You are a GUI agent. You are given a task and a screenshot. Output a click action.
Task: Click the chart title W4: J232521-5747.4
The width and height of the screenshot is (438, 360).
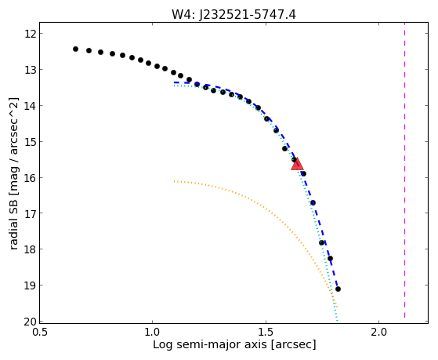233,15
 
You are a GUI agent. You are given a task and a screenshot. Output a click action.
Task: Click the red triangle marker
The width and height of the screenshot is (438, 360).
297,165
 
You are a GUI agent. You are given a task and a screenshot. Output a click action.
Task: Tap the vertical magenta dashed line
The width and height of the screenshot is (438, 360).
404,173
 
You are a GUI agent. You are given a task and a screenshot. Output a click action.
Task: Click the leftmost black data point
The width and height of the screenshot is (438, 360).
75,49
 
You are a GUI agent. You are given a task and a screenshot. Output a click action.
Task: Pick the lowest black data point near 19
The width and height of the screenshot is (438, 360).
338,289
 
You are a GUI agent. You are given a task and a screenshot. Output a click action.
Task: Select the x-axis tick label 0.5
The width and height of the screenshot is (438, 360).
40,332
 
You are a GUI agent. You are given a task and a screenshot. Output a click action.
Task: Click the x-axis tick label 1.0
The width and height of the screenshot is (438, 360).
153,332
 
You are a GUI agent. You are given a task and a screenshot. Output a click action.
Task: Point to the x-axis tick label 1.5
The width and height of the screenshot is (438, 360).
266,332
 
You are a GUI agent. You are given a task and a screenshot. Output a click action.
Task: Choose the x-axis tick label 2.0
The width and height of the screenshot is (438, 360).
378,332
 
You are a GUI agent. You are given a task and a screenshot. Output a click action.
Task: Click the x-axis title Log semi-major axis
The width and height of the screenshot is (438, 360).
209,344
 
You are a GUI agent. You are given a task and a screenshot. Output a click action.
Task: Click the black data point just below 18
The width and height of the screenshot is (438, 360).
330,258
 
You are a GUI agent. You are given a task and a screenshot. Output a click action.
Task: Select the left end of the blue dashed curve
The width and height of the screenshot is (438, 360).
174,82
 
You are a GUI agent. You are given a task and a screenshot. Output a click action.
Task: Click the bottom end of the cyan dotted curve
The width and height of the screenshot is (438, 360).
337,321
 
